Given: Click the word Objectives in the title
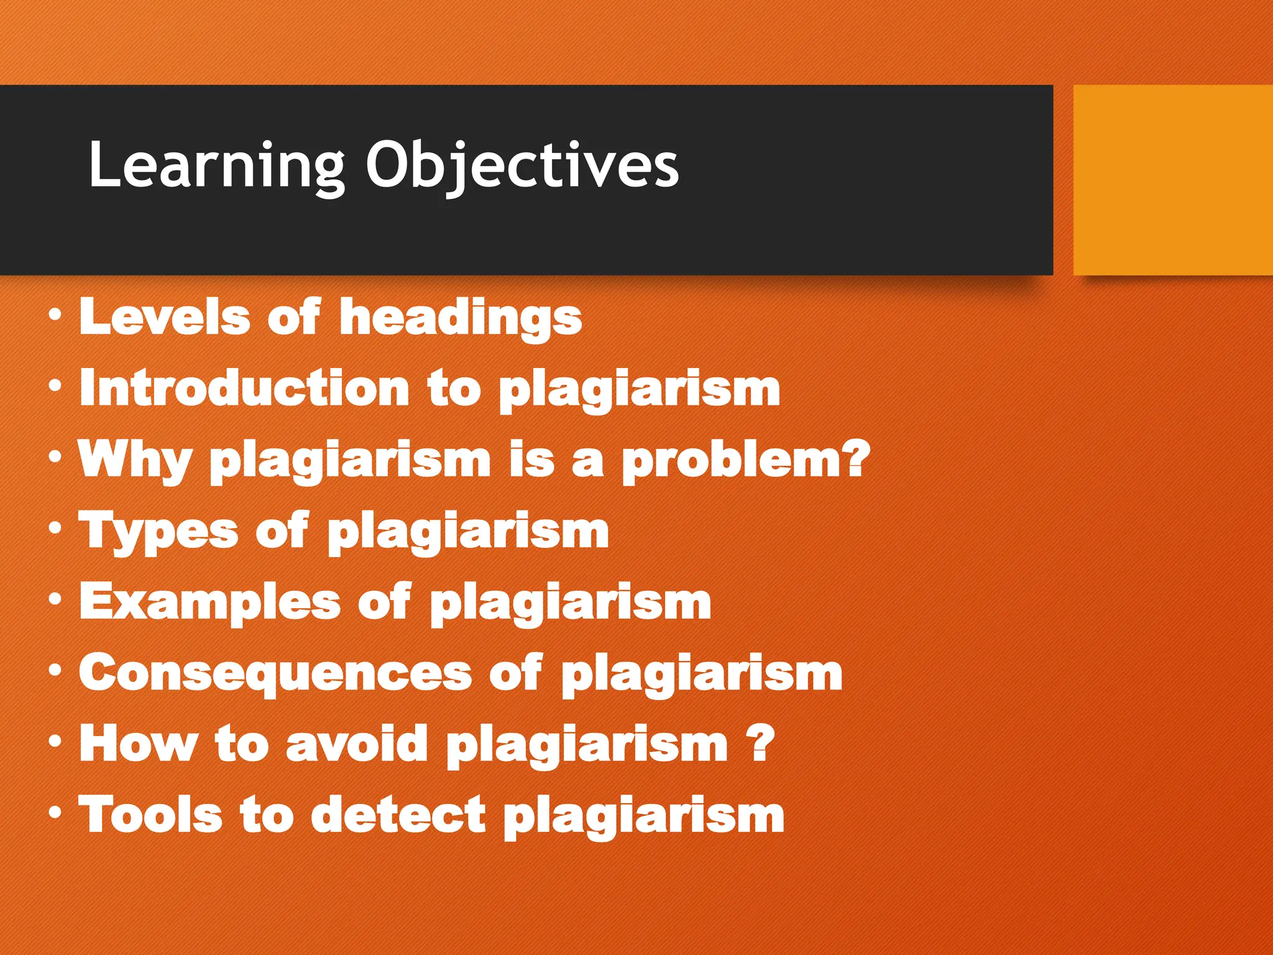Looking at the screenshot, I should (x=522, y=165).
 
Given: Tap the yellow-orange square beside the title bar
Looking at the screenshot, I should (x=1172, y=180).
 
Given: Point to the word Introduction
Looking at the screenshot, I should (x=245, y=389).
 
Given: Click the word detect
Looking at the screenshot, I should (x=398, y=814).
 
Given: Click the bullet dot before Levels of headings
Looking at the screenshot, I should (x=55, y=316).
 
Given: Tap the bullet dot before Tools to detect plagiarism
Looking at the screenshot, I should (x=55, y=813).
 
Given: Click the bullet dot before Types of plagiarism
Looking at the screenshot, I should (x=55, y=528).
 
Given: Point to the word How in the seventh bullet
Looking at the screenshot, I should (x=138, y=744).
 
